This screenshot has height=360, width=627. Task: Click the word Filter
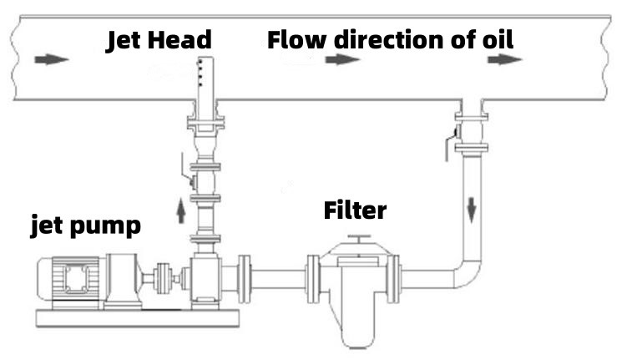pos(355,210)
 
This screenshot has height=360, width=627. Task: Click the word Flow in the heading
pos(296,39)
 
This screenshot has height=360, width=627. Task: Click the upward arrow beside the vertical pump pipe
pos(181,212)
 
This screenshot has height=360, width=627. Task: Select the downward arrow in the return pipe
pos(472,210)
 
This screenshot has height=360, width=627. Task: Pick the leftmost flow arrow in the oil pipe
pos(52,59)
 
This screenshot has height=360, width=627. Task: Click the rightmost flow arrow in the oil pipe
pos(504,59)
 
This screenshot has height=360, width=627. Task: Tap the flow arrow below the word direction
pos(342,59)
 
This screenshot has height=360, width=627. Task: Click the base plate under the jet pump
pos(138,318)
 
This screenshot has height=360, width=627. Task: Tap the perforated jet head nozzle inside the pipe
pos(206,78)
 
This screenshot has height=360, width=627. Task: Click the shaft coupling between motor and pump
pos(163,278)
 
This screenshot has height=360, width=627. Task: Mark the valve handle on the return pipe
pos(450,143)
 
